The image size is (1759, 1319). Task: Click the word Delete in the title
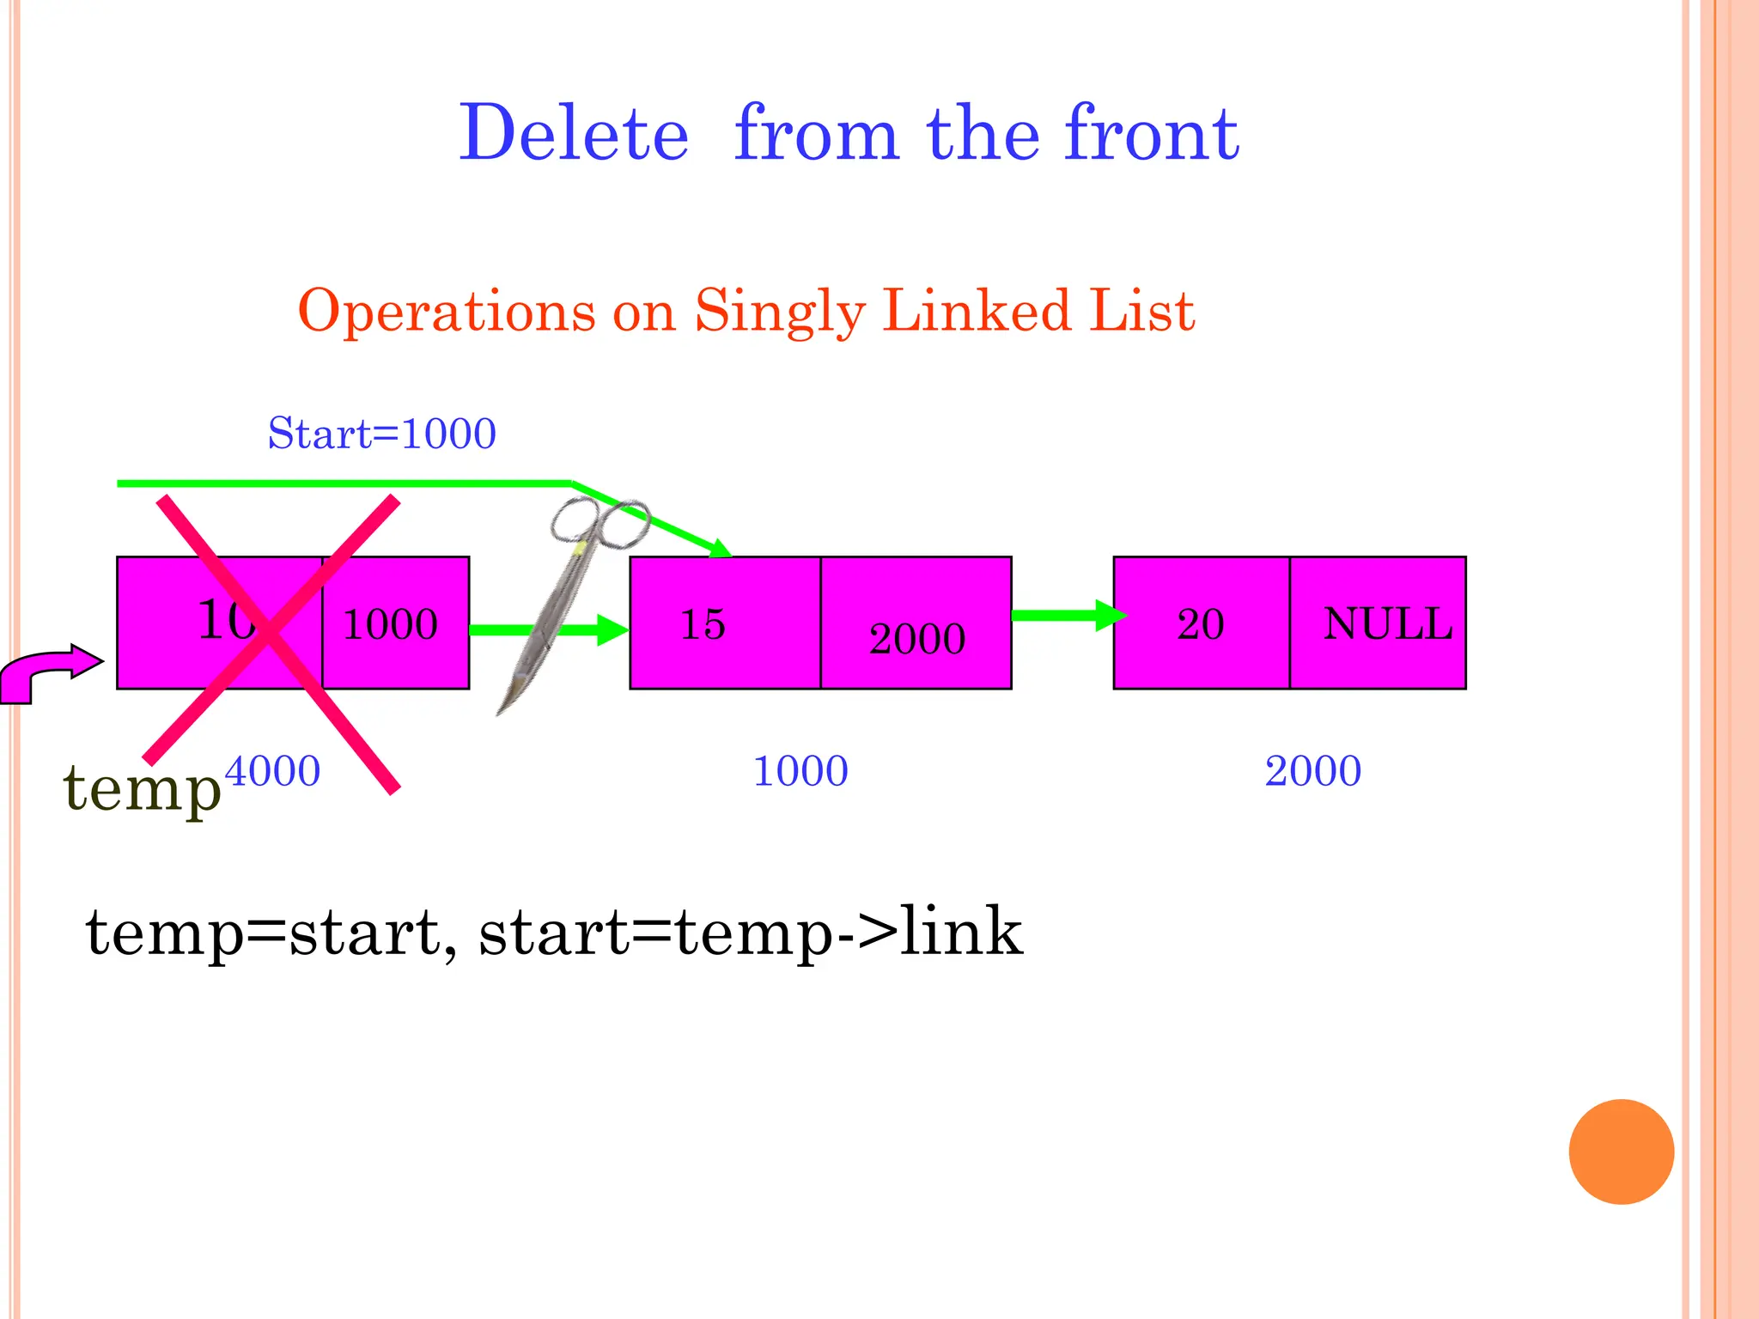pyautogui.click(x=574, y=134)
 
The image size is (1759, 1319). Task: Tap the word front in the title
pyautogui.click(x=1152, y=134)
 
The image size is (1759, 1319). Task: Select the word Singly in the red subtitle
pyautogui.click(x=779, y=311)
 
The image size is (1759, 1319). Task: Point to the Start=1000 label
pyautogui.click(x=381, y=434)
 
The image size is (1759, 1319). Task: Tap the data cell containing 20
pyautogui.click(x=1201, y=623)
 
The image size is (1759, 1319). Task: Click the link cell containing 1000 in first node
pyautogui.click(x=396, y=623)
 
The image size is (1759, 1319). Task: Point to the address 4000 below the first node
pyautogui.click(x=273, y=771)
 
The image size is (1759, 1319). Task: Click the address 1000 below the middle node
pyautogui.click(x=800, y=771)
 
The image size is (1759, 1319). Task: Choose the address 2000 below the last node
pyautogui.click(x=1312, y=771)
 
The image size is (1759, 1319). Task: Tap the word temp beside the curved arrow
pyautogui.click(x=142, y=788)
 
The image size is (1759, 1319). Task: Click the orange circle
pyautogui.click(x=1621, y=1152)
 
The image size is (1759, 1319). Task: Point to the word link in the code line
pyautogui.click(x=962, y=933)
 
